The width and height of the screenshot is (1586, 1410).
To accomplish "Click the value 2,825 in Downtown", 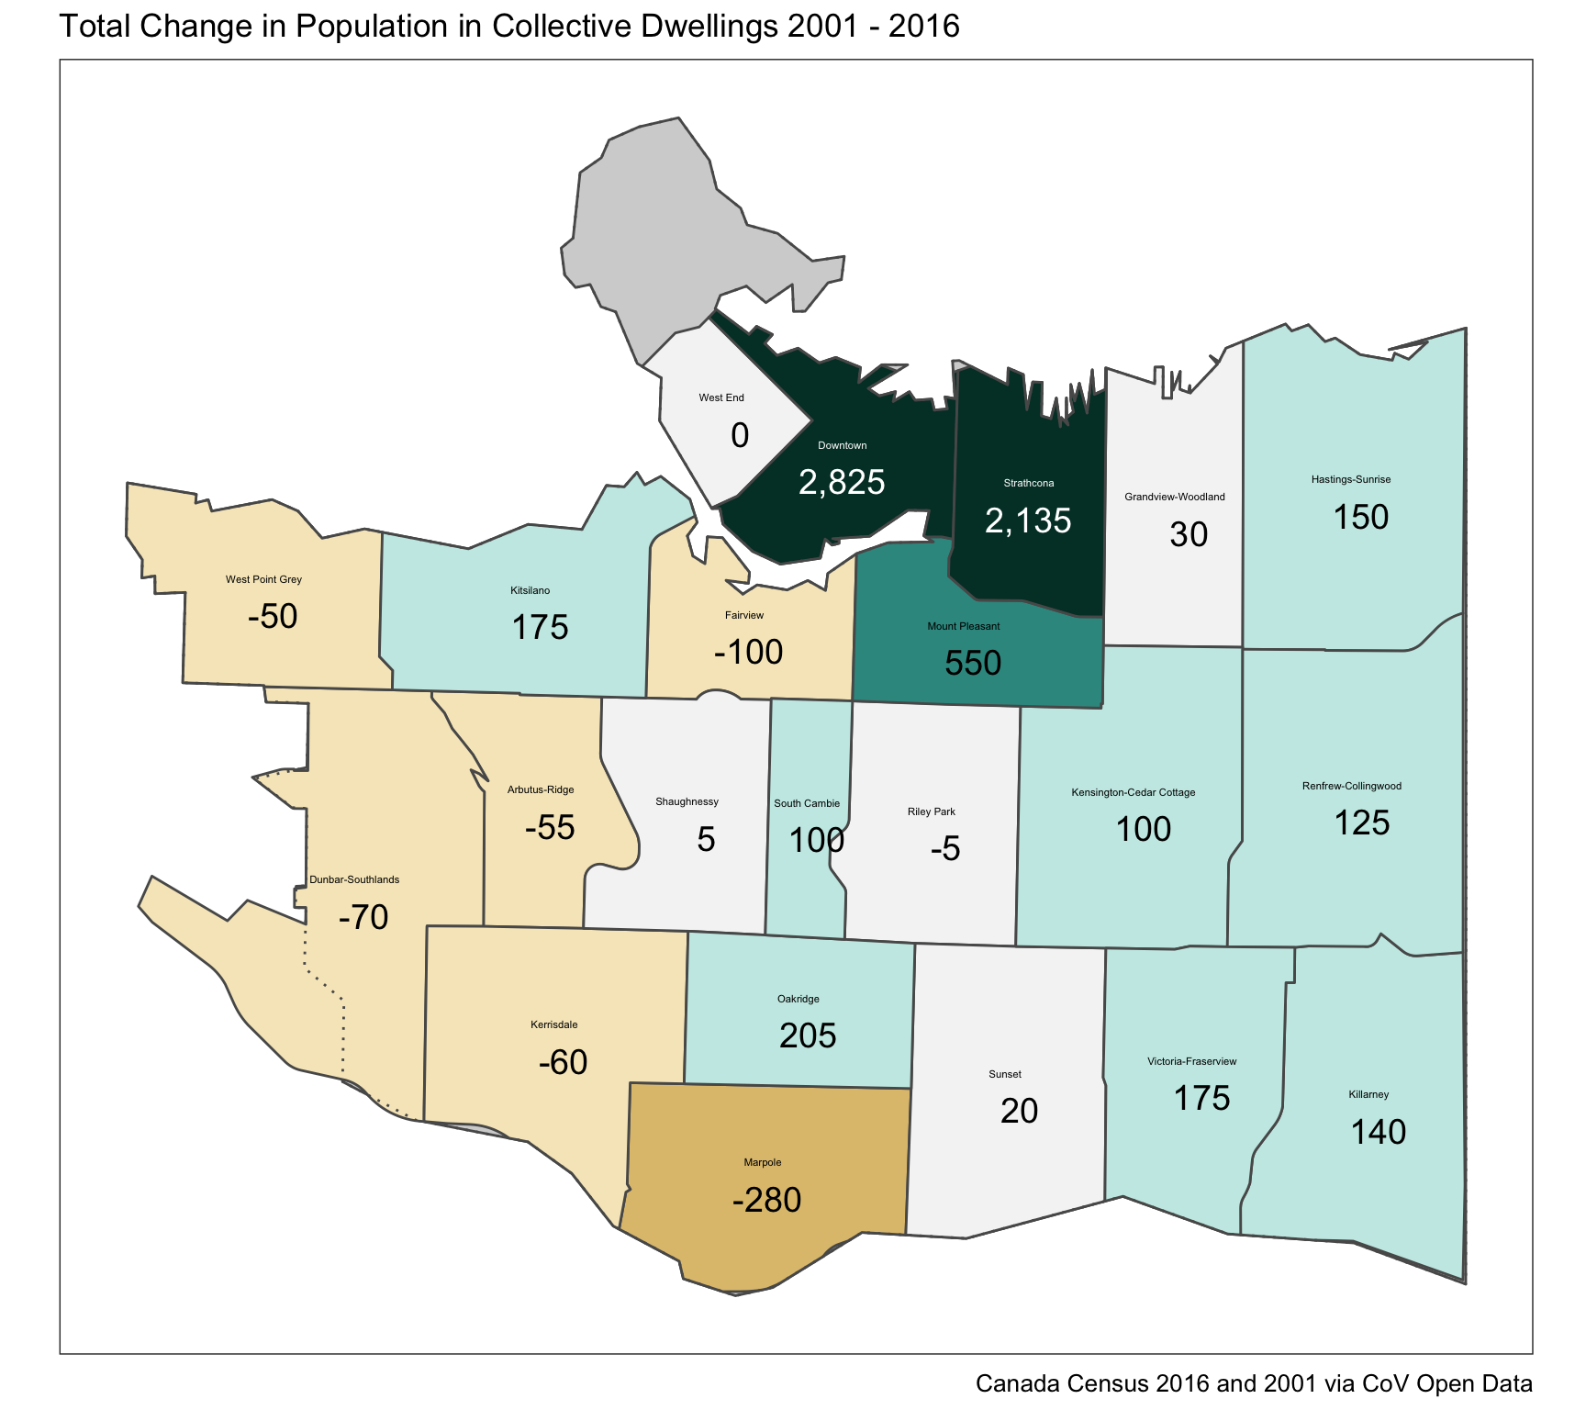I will [x=842, y=482].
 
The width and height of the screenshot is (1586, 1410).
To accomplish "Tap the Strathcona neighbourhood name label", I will [x=1028, y=483].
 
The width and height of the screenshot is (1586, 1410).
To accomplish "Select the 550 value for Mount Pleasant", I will [x=973, y=663].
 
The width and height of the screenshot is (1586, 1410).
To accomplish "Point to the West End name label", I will [x=721, y=397].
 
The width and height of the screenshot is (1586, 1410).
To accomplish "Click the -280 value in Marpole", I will [x=767, y=1200].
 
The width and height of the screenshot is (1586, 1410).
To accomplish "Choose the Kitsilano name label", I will [x=531, y=590].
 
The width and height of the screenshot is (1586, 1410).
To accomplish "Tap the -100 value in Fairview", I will [x=748, y=652].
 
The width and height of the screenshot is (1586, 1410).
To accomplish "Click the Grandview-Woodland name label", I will [x=1174, y=497].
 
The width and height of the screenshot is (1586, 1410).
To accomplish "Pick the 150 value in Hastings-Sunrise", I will [x=1360, y=517].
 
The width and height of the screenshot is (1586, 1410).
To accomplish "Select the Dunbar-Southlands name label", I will [x=354, y=879].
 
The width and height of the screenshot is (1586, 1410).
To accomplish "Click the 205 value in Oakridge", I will [x=808, y=1035].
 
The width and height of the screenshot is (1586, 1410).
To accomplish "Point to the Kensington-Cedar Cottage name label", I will [x=1134, y=792].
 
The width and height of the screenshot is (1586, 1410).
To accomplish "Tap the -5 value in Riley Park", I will [x=945, y=848].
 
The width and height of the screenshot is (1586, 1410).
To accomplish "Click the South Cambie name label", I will [x=807, y=803].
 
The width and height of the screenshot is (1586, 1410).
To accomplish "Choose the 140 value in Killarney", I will [x=1378, y=1132].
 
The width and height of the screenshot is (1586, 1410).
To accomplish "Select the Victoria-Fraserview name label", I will [x=1191, y=1061].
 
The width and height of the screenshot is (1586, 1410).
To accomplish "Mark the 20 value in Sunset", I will [x=1019, y=1111].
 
